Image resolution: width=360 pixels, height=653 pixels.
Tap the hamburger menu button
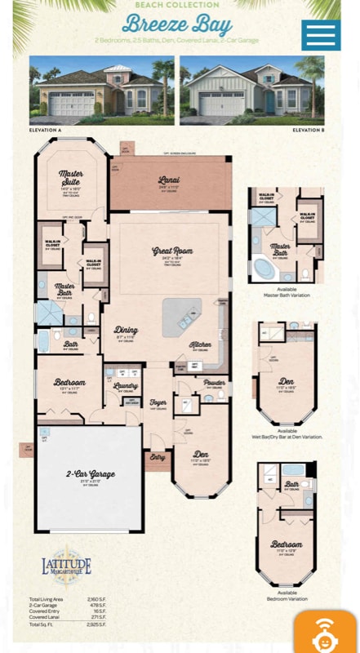click(321, 35)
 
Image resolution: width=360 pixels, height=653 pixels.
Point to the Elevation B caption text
click(308, 131)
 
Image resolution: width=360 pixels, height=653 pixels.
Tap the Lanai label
click(169, 180)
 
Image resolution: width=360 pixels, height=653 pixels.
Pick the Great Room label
click(171, 251)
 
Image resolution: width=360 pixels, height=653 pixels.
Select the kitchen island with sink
click(180, 316)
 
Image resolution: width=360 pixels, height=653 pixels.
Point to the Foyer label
click(158, 402)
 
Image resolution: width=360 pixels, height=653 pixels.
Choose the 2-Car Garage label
click(91, 473)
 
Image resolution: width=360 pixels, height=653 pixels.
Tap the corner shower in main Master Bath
click(49, 313)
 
